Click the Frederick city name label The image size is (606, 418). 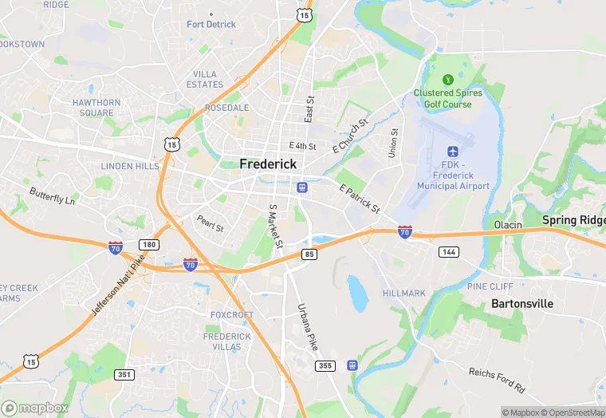coord(268,164)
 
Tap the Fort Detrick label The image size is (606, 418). coord(211,24)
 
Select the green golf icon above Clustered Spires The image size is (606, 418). coord(448,79)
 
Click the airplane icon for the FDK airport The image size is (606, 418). coord(454,151)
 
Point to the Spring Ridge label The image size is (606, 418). coord(573,219)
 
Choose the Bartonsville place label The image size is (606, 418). coord(522,304)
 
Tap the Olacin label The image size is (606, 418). coord(507,224)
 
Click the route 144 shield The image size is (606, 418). coord(448,251)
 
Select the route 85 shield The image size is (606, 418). coord(309,254)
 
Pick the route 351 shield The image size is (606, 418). coord(124,374)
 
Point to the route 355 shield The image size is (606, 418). coord(325,365)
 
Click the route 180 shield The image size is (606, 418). coord(149,244)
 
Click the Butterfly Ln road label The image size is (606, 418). coord(52,197)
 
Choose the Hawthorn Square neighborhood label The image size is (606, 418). coord(96,108)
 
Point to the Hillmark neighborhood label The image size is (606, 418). coord(404,294)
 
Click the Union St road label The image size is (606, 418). coord(392,144)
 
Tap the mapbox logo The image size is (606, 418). coord(36,408)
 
